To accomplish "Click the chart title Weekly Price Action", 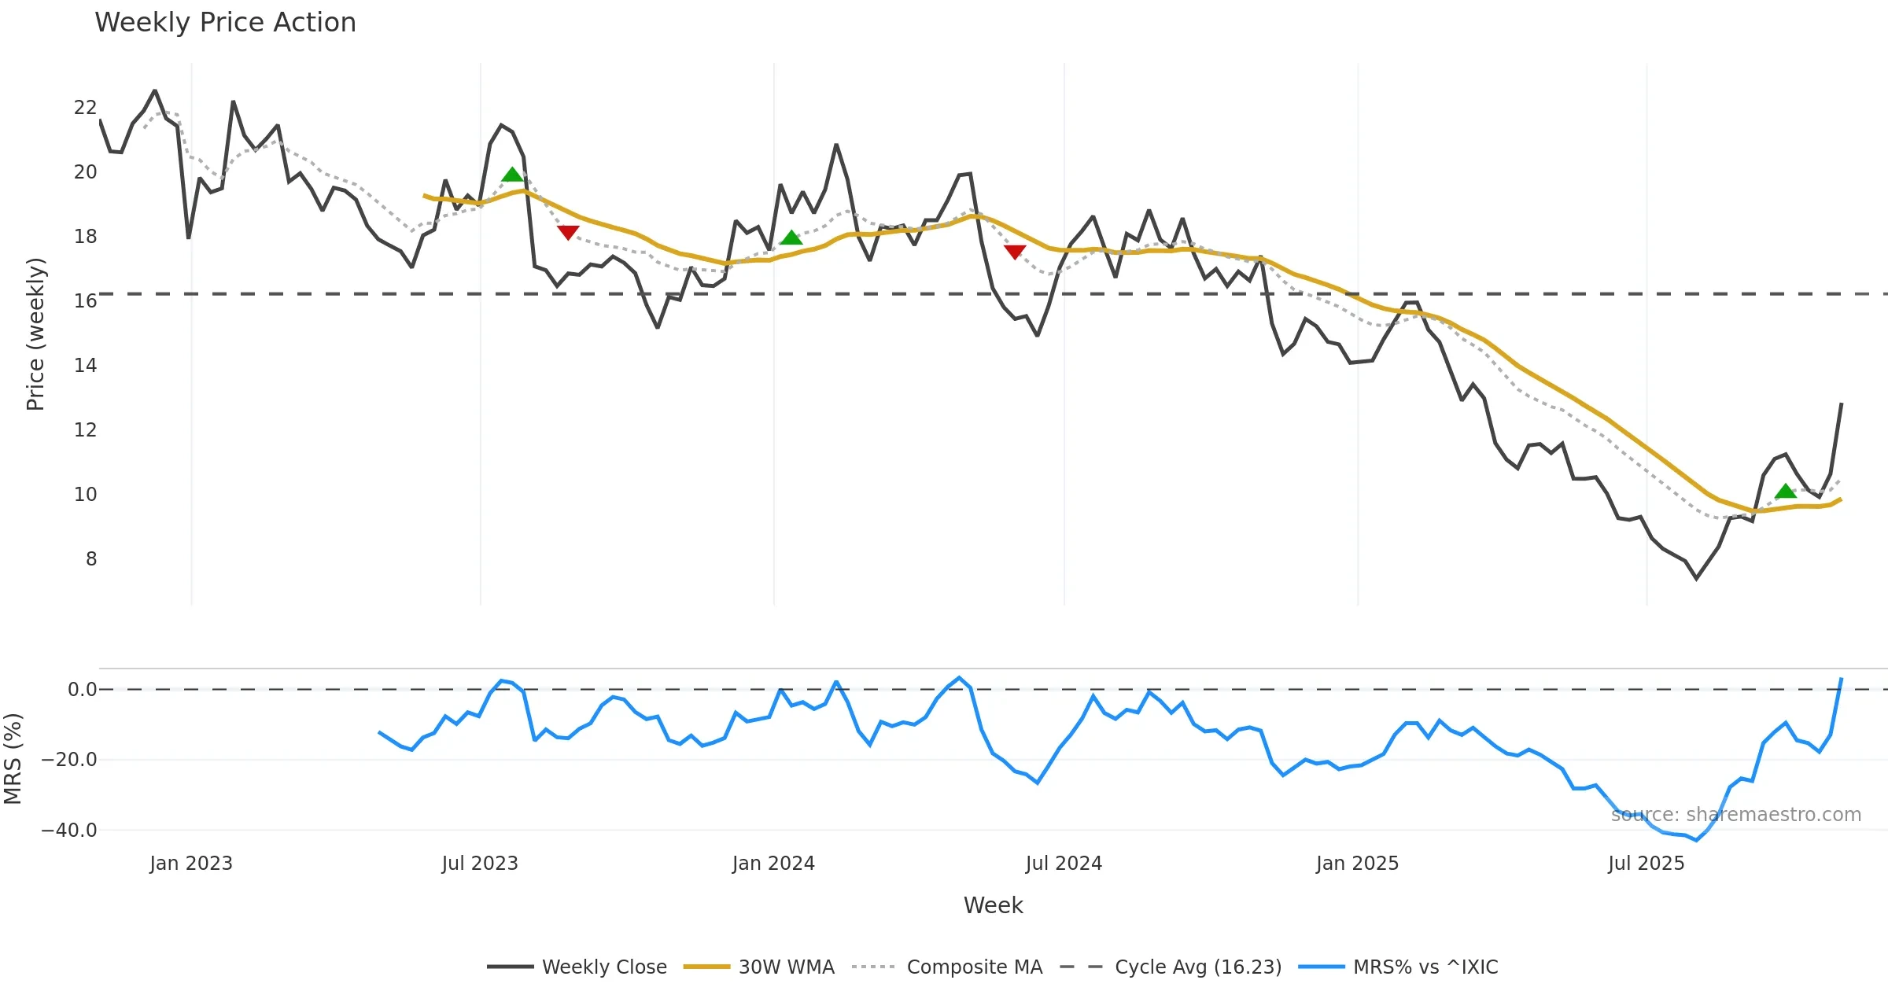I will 225,23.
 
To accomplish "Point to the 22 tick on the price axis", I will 85,108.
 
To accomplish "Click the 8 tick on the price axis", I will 91,559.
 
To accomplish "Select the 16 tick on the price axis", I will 85,301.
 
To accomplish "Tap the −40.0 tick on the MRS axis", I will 69,831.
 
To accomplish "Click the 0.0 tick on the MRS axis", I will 82,690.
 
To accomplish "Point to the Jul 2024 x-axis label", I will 1064,864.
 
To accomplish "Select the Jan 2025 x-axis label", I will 1357,864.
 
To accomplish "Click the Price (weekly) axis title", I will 36,334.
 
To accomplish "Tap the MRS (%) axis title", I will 13,759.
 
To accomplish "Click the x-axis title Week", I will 993,906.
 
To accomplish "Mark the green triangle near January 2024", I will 791,238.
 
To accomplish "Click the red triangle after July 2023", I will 568,232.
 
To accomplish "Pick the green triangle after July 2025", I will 1786,492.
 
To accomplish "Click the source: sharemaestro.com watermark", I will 1735,815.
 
